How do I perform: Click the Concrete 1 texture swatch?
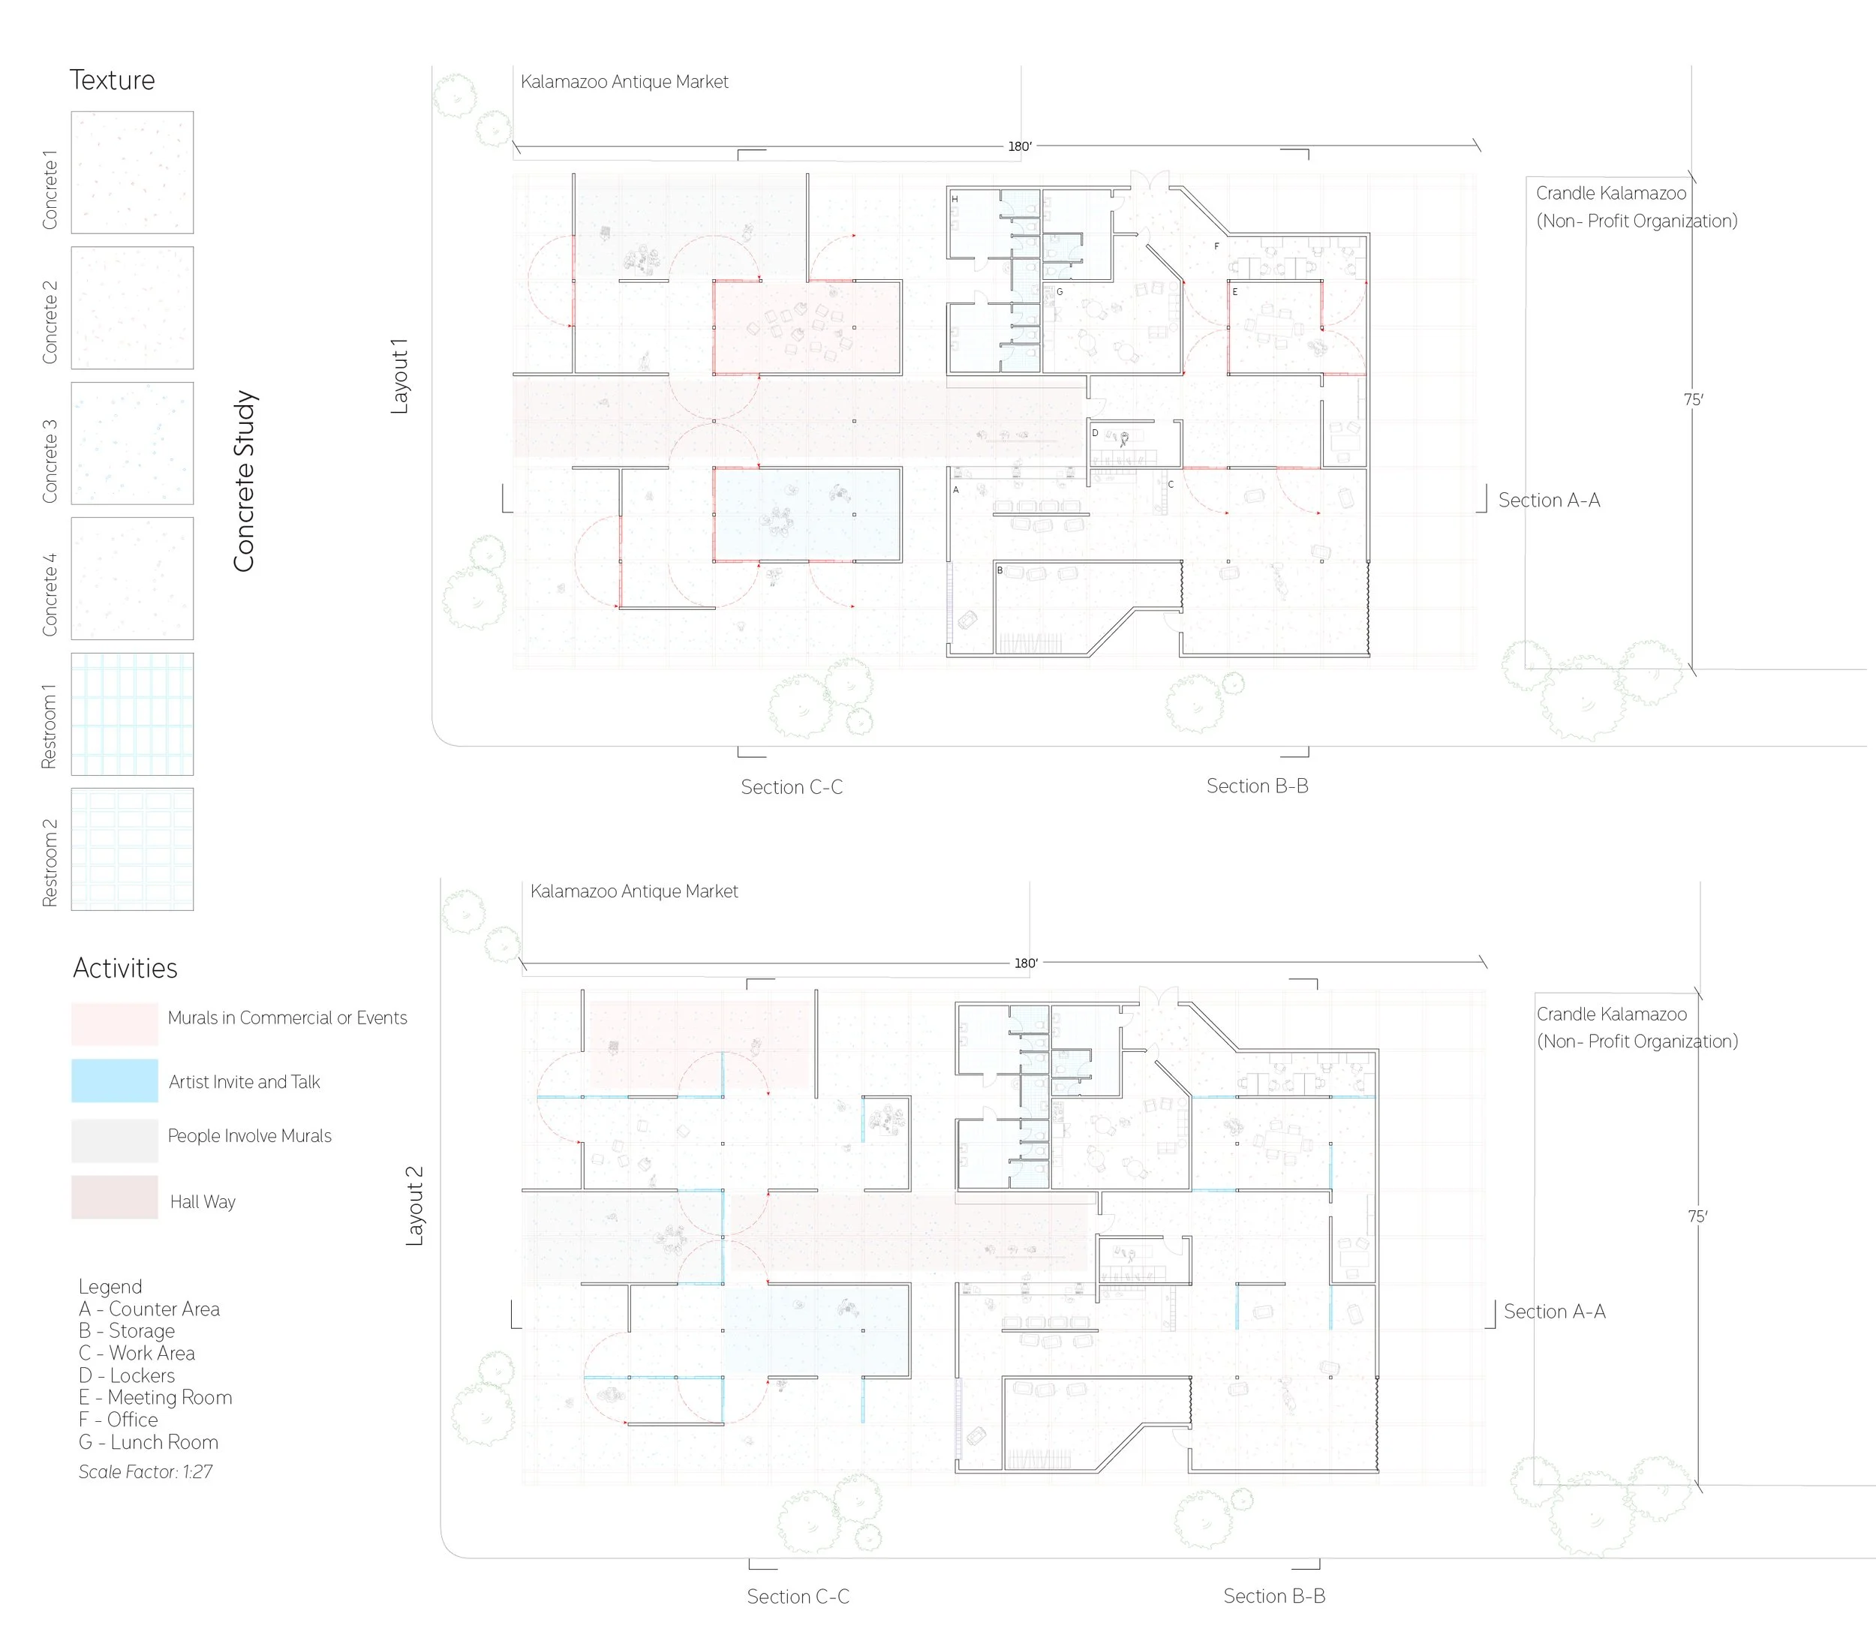(132, 173)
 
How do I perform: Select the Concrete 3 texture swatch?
(132, 443)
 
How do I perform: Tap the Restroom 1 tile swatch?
(132, 714)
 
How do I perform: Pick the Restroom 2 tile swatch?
(132, 849)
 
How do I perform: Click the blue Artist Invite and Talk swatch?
(115, 1080)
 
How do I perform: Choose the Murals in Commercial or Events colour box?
(115, 1023)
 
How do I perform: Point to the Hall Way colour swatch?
(115, 1197)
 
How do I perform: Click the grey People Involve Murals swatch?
(115, 1141)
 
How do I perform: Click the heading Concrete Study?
(244, 481)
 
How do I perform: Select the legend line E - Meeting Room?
(155, 1398)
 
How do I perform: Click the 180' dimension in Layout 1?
(1019, 147)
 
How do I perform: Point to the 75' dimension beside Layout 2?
(1697, 1216)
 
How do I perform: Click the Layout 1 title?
(400, 376)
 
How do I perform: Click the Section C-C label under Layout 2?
(798, 1597)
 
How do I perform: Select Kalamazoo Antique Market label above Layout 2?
(634, 891)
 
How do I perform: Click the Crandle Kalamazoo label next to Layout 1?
(1610, 194)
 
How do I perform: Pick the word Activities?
(125, 968)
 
